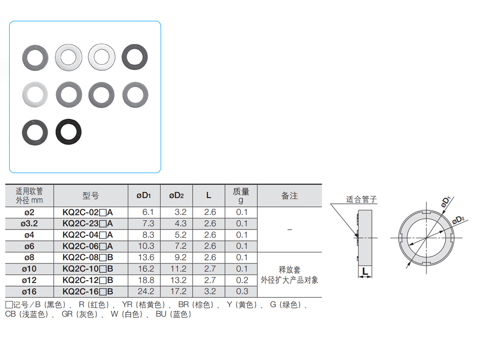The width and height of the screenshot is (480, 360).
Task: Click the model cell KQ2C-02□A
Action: (x=87, y=212)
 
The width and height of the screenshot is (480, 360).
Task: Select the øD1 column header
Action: (x=144, y=196)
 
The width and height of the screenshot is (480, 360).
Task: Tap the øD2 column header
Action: (x=176, y=196)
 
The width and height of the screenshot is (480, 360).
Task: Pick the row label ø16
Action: (x=29, y=291)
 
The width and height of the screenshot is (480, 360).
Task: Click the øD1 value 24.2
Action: (x=146, y=291)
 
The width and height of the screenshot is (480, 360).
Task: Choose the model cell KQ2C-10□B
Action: (x=87, y=269)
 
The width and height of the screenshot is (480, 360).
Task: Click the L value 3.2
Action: (x=210, y=291)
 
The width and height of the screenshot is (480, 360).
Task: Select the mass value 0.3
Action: (x=242, y=291)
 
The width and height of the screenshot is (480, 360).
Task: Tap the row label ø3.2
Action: (x=29, y=223)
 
